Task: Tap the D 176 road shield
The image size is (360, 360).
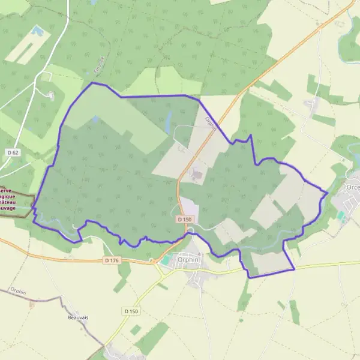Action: pyautogui.click(x=112, y=260)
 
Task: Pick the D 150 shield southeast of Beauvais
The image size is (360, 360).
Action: pyautogui.click(x=132, y=311)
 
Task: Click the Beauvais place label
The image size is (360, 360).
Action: pyautogui.click(x=79, y=317)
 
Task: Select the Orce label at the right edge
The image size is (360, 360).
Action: pyautogui.click(x=353, y=187)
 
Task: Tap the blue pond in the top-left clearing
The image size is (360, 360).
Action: pyautogui.click(x=37, y=30)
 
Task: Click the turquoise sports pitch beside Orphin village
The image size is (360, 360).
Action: pyautogui.click(x=166, y=259)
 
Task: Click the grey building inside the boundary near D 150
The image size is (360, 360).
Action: pyautogui.click(x=196, y=174)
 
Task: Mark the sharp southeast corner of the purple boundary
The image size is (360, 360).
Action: pyautogui.click(x=295, y=269)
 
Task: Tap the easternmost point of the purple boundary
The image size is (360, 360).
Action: pyautogui.click(x=328, y=193)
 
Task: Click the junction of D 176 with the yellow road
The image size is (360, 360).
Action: pyautogui.click(x=155, y=262)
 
